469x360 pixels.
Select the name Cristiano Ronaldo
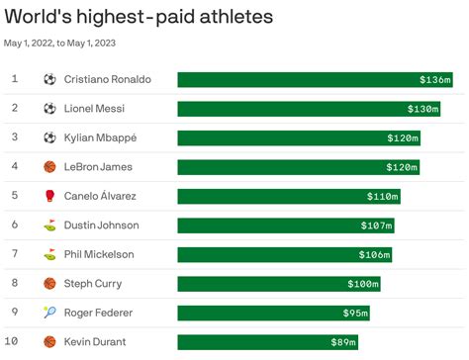pyautogui.click(x=108, y=79)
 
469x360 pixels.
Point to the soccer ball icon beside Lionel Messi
pyautogui.click(x=50, y=109)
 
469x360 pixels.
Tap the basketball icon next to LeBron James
pyautogui.click(x=50, y=167)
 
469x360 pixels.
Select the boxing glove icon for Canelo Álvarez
pyautogui.click(x=50, y=196)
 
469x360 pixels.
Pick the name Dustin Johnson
pyautogui.click(x=101, y=225)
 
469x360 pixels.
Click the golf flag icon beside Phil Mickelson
pyautogui.click(x=50, y=254)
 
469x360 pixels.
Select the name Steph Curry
pyautogui.click(x=94, y=284)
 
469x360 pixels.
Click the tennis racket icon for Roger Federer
pyautogui.click(x=50, y=314)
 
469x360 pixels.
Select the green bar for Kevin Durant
pyautogui.click(x=257, y=342)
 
